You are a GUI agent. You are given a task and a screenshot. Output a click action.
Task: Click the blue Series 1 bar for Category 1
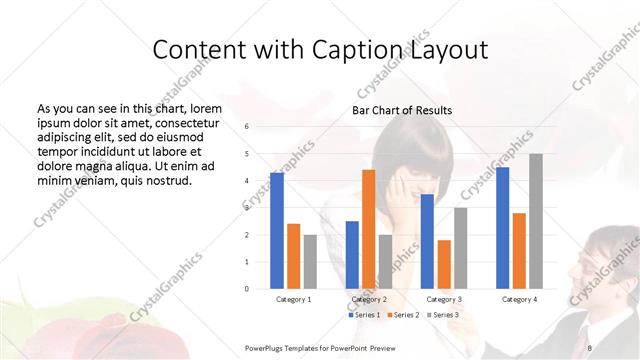277,230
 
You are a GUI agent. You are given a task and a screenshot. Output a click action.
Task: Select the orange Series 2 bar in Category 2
369,229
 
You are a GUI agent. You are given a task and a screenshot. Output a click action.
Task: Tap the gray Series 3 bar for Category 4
536,221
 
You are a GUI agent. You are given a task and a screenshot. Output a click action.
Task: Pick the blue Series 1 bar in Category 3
427,241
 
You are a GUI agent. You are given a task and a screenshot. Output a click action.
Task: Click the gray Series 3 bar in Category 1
310,261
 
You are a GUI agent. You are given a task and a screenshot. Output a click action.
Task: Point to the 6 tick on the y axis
247,126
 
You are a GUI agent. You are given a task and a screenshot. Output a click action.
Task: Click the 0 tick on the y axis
247,289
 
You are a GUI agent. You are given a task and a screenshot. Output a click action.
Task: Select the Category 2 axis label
369,299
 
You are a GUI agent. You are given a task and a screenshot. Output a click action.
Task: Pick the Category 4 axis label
519,299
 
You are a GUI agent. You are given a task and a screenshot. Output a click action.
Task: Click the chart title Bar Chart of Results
401,110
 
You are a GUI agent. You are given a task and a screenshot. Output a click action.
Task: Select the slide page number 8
591,347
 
